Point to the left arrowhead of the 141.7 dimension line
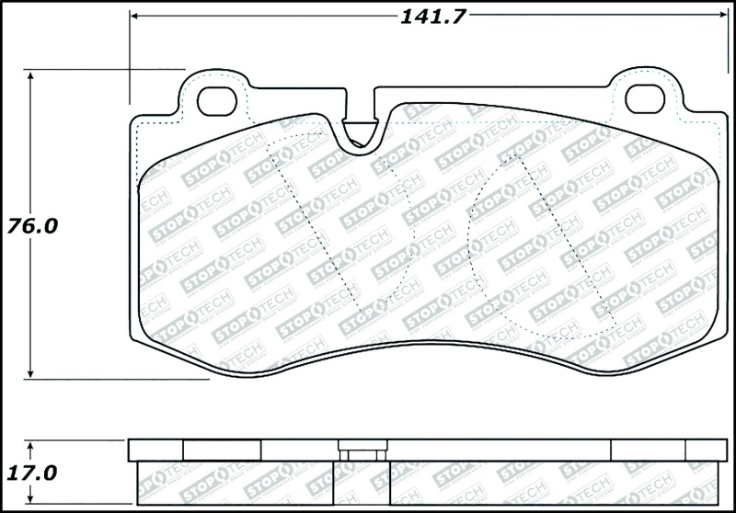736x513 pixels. [134, 16]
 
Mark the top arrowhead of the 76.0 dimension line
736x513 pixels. [32, 76]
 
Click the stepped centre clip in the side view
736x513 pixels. [362, 452]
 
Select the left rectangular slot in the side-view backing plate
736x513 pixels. [222, 449]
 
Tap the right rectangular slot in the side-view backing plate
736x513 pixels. [649, 449]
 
